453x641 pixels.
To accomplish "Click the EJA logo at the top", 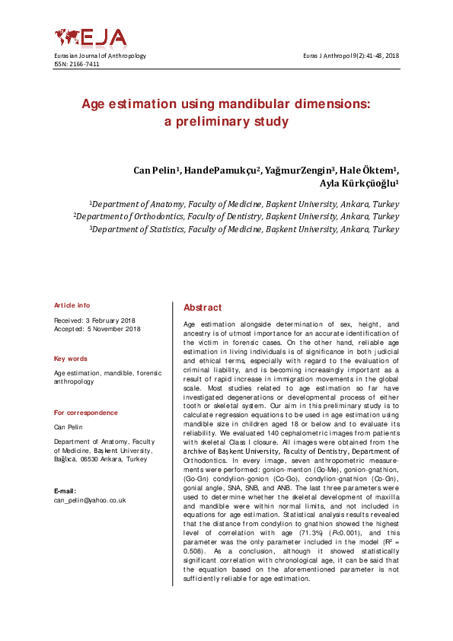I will (90, 37).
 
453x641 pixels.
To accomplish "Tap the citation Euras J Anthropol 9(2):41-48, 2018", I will (351, 56).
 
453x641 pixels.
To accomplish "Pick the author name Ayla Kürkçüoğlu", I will (359, 183).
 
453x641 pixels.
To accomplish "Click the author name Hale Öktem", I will (373, 170).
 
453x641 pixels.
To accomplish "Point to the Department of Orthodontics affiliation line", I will (237, 216).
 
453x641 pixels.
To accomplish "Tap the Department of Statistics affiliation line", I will (244, 228).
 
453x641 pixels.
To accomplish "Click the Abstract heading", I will (203, 308).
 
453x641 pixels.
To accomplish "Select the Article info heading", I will (72, 305).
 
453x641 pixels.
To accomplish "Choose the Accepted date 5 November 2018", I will (97, 329).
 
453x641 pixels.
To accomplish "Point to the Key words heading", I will (70, 359).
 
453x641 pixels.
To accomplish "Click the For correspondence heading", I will (86, 413).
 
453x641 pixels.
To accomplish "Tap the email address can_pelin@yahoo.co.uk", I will (89, 500).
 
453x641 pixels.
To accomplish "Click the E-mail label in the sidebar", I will (65, 491).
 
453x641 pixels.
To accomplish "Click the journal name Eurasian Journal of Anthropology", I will (100, 56).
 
